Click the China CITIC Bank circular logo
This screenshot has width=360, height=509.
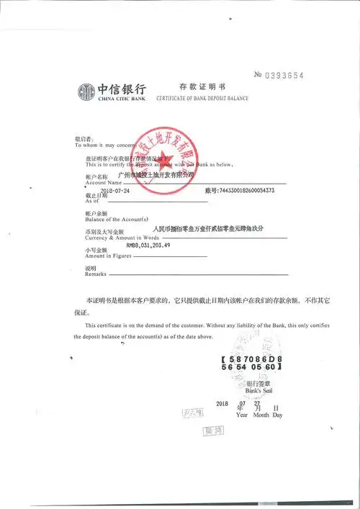86,91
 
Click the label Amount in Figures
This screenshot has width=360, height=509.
107,256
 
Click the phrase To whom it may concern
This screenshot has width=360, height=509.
106,145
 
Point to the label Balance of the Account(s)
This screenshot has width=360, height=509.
115,219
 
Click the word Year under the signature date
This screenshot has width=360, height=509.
243,415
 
